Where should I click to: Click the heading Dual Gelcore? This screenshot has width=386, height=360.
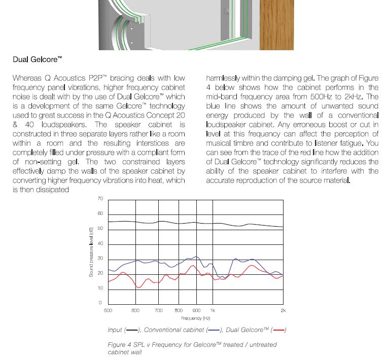(x=37, y=59)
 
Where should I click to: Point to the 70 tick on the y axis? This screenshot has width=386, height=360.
(x=100, y=198)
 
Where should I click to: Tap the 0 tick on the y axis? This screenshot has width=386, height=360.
(x=101, y=303)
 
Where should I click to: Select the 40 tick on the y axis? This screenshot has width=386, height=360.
(x=100, y=243)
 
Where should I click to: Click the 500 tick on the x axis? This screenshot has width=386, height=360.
(x=108, y=310)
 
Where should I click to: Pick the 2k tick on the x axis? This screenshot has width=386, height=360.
(x=283, y=310)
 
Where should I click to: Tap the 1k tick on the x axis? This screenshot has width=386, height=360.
(x=213, y=310)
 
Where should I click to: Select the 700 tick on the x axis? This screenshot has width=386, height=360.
(x=159, y=310)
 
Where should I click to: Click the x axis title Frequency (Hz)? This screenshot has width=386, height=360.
(x=195, y=318)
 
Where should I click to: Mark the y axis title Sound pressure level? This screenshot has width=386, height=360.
(x=91, y=252)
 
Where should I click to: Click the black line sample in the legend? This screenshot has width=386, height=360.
(x=132, y=330)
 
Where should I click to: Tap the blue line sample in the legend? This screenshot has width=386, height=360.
(x=214, y=330)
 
